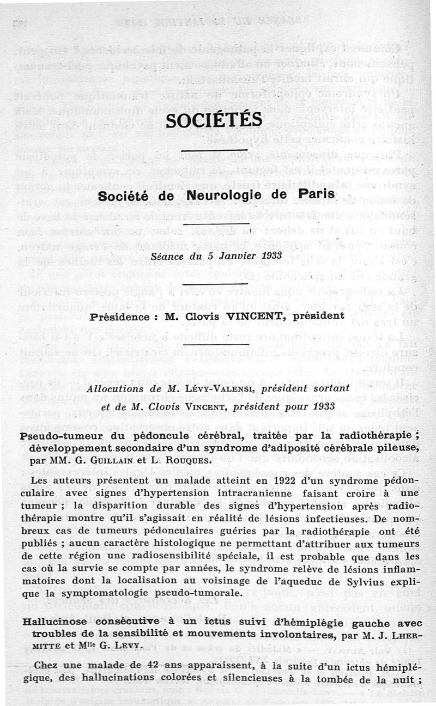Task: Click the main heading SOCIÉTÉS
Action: [x=214, y=120]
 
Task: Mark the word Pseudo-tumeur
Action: [x=53, y=436]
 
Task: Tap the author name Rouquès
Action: [x=175, y=461]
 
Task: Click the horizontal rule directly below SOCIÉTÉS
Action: [x=214, y=150]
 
